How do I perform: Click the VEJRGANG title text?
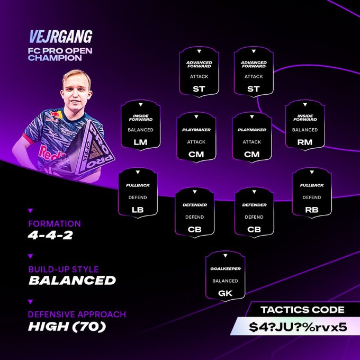(x=61, y=37)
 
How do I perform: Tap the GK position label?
(x=225, y=293)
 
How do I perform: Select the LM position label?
(x=140, y=142)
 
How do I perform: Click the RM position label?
(x=305, y=142)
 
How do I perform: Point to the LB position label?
(x=138, y=210)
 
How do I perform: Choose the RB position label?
(x=312, y=210)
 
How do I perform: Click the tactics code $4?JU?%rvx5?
(x=298, y=327)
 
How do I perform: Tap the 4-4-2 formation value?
(x=50, y=236)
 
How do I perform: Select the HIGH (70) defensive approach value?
(x=67, y=327)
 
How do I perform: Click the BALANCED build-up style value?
(x=72, y=281)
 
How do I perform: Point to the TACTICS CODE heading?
(x=303, y=310)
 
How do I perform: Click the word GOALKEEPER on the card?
(x=226, y=268)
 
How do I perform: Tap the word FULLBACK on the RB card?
(x=312, y=185)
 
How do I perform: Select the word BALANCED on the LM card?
(x=140, y=130)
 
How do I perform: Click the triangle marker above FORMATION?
(x=30, y=211)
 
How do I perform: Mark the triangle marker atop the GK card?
(x=225, y=256)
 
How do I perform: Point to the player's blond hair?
(x=77, y=77)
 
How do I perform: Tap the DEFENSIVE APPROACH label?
(x=77, y=314)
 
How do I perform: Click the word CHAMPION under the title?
(x=55, y=58)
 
